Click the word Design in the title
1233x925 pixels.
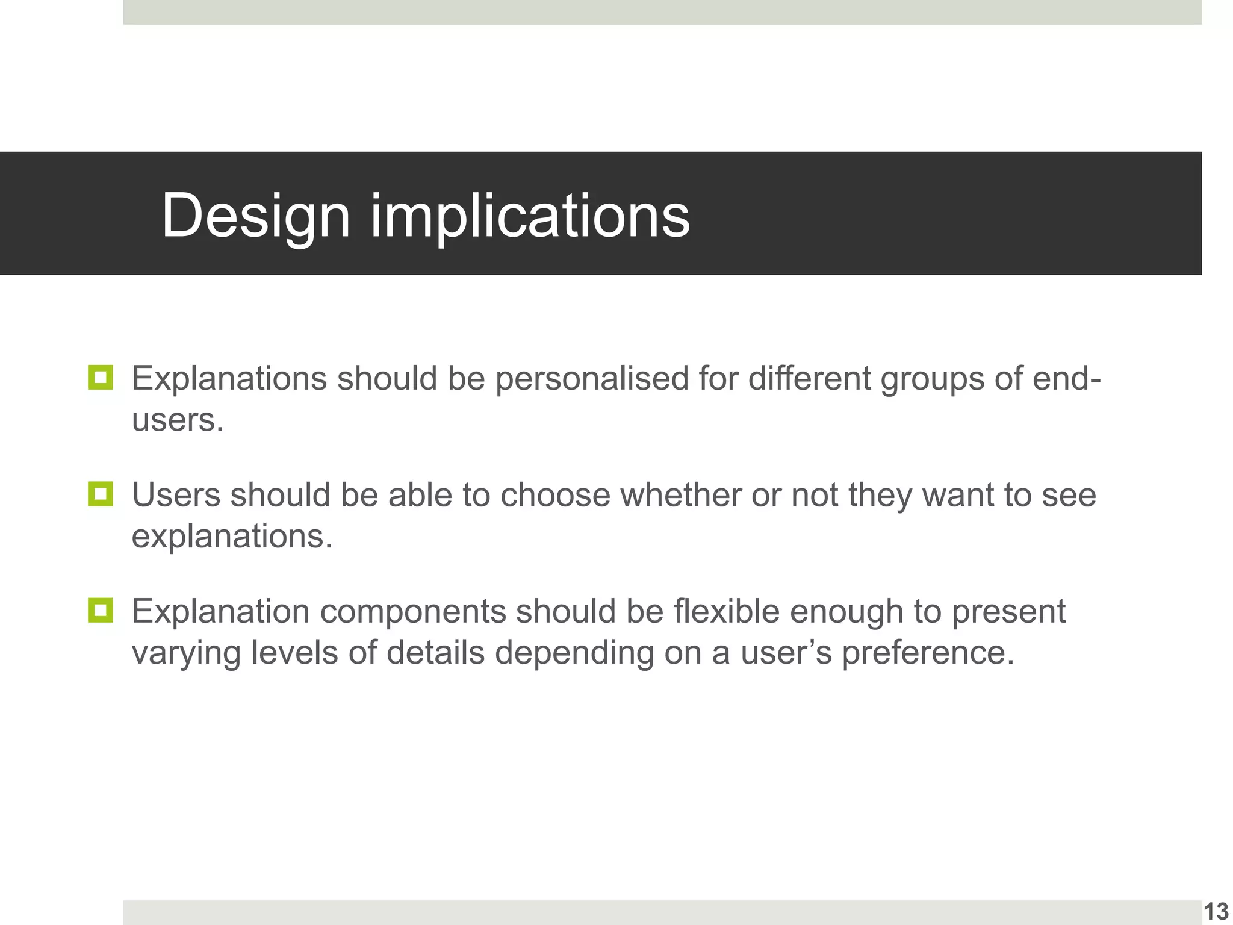click(255, 216)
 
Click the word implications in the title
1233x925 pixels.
click(530, 216)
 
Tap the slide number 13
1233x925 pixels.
click(1216, 911)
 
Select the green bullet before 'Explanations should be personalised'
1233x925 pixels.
click(100, 378)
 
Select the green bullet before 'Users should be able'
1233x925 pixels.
click(100, 494)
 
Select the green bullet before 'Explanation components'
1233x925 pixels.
click(100, 610)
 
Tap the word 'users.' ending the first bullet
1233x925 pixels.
click(178, 420)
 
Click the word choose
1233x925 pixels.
click(555, 496)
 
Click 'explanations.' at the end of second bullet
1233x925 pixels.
click(232, 536)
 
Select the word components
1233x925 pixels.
click(412, 612)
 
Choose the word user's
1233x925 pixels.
click(786, 653)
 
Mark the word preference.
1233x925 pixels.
click(927, 653)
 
